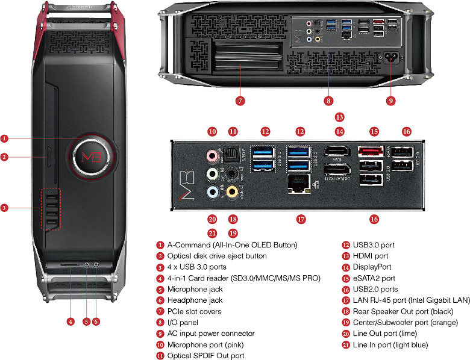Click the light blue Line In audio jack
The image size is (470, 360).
pyautogui.click(x=212, y=193)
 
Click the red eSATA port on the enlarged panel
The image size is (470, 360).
pyautogui.click(x=371, y=153)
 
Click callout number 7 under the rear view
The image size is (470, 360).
pyautogui.click(x=240, y=101)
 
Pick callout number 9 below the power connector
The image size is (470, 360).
pyautogui.click(x=390, y=101)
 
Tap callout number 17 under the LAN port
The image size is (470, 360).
pyautogui.click(x=301, y=220)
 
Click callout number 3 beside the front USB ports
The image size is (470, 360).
pyautogui.click(x=5, y=208)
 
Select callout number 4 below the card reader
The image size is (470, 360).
pyautogui.click(x=70, y=322)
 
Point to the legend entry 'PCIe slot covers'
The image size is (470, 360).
pyautogui.click(x=194, y=311)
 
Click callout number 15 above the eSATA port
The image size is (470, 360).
pyautogui.click(x=374, y=131)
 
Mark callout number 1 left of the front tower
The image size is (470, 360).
pyautogui.click(x=5, y=138)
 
